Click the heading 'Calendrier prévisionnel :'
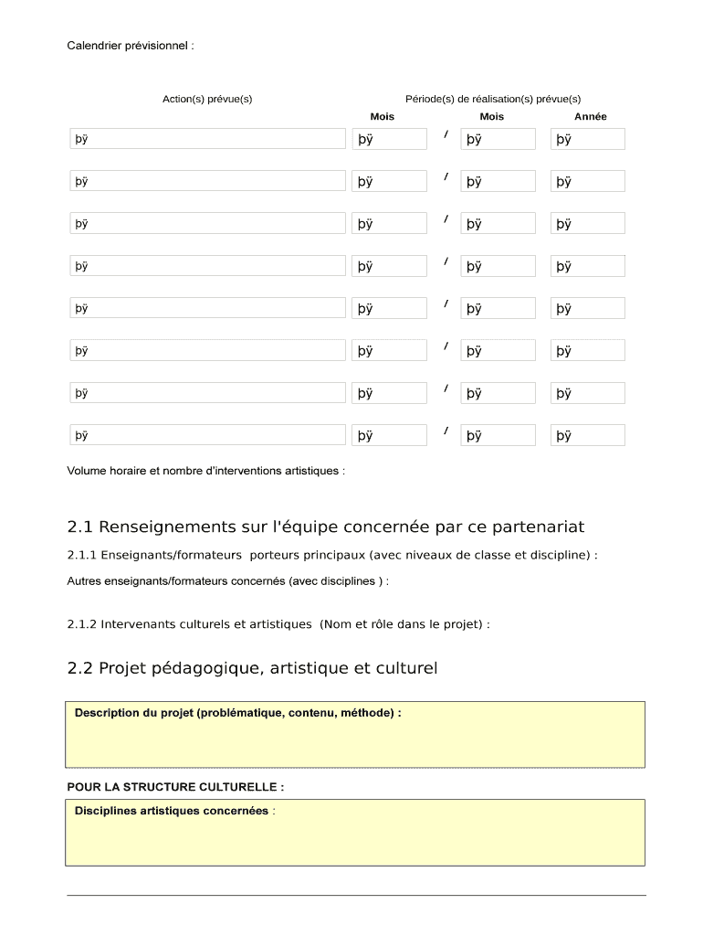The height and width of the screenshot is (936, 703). click(x=131, y=45)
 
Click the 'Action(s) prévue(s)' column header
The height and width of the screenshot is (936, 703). click(x=207, y=99)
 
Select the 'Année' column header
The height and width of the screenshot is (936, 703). click(x=590, y=117)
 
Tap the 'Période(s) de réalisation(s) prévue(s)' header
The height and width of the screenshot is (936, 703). click(x=493, y=99)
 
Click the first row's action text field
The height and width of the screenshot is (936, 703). click(x=208, y=139)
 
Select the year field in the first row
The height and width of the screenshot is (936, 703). click(x=588, y=139)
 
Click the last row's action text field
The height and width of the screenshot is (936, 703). click(x=208, y=435)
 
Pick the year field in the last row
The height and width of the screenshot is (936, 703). click(x=588, y=435)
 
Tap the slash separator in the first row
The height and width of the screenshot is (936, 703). click(x=446, y=135)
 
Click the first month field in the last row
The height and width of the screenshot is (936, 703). click(x=389, y=435)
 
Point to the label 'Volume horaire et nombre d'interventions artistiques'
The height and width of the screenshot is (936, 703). click(x=205, y=471)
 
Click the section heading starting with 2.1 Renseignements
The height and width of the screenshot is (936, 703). click(x=325, y=527)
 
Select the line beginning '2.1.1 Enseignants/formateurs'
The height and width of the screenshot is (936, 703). click(x=332, y=555)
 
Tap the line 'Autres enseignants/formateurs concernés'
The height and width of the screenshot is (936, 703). click(x=227, y=580)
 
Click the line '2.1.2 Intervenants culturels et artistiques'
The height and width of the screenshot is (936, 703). click(x=278, y=624)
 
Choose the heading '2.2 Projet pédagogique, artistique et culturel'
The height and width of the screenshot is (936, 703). click(x=252, y=668)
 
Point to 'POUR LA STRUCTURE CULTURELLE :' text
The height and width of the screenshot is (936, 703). click(x=175, y=786)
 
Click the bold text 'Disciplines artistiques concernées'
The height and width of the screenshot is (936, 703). click(x=172, y=811)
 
